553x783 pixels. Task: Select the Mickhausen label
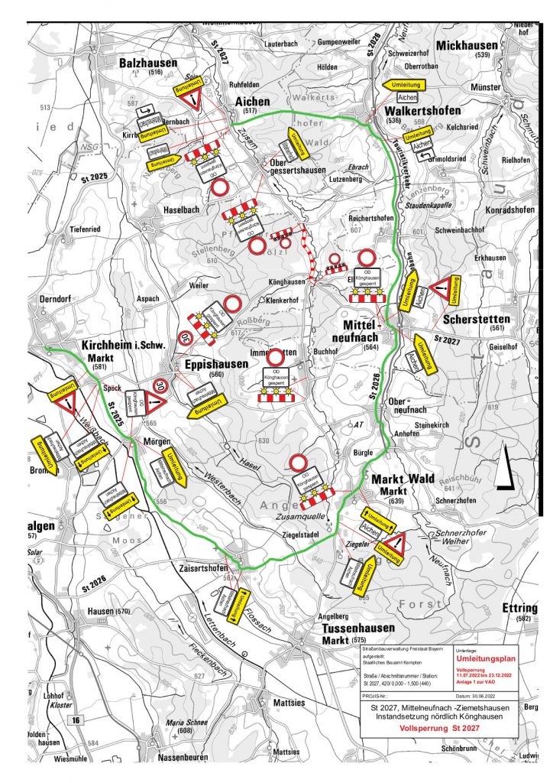[x=467, y=45]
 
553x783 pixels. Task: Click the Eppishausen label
[x=216, y=365]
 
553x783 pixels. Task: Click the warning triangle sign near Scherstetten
[x=442, y=288]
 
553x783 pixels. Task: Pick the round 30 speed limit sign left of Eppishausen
[x=186, y=336]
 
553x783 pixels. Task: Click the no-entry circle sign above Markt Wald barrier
[x=299, y=463]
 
